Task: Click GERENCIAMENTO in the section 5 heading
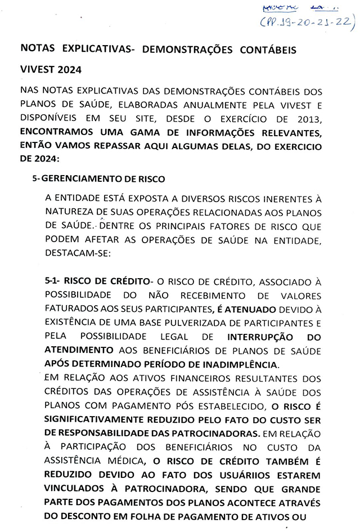[x=76, y=179]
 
